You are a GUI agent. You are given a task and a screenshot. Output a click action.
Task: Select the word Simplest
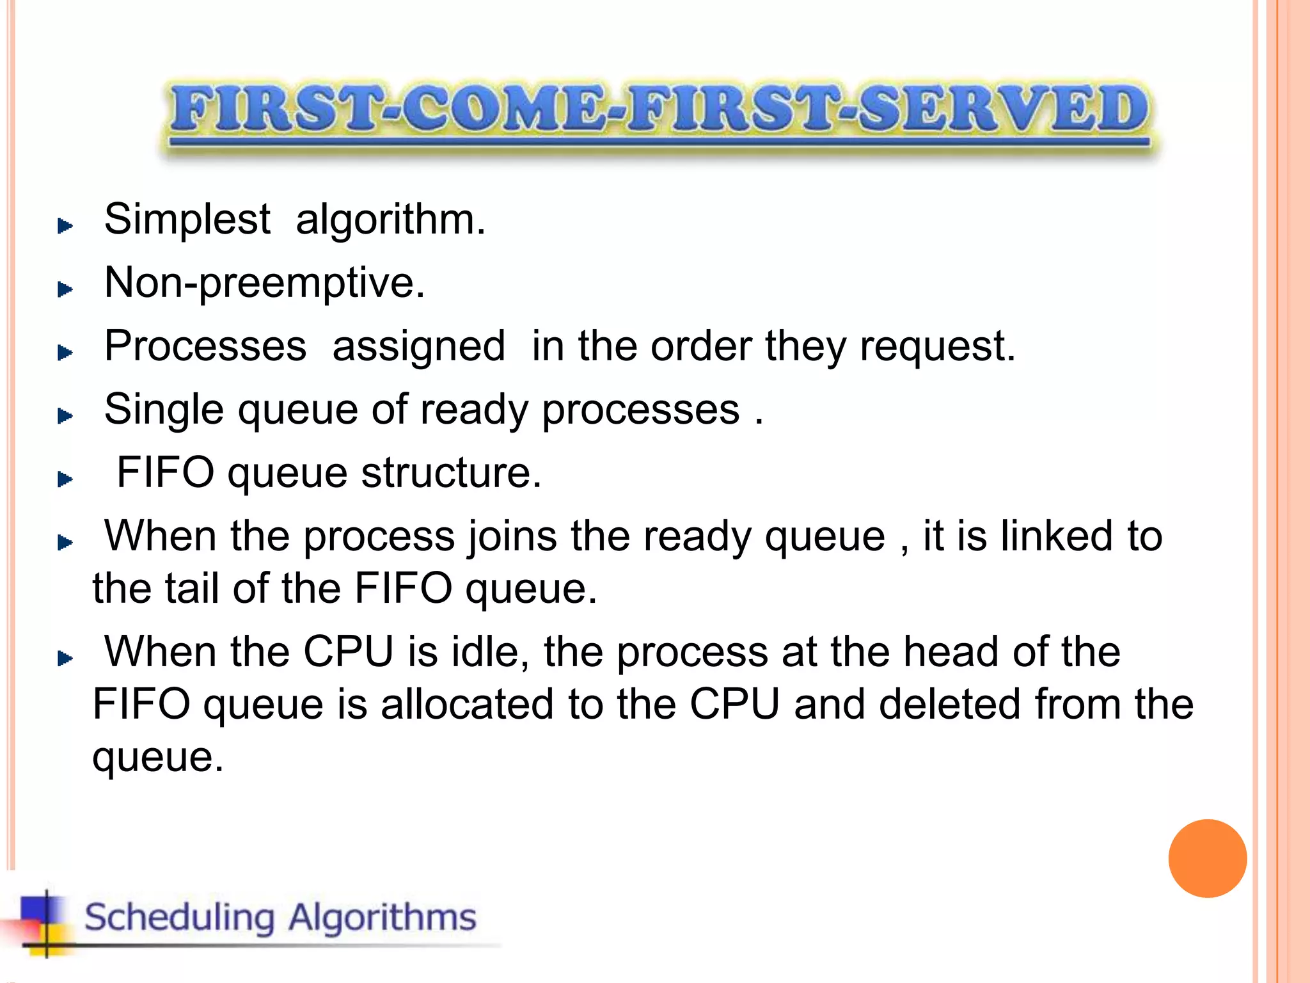187,220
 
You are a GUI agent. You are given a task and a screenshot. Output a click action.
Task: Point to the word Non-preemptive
264,283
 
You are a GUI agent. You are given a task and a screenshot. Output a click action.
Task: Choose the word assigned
419,346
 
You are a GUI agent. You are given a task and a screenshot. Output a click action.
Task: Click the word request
937,346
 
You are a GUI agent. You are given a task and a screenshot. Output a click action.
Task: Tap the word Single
164,410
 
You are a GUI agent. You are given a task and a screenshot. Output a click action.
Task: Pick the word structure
451,473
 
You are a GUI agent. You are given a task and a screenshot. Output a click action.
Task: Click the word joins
512,536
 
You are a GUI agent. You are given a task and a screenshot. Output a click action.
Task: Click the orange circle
1207,858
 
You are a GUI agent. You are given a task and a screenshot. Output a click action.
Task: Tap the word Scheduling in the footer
180,918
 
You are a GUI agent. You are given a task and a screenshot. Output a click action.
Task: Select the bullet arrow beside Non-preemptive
65,289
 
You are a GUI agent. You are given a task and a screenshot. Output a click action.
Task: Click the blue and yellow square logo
42,922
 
